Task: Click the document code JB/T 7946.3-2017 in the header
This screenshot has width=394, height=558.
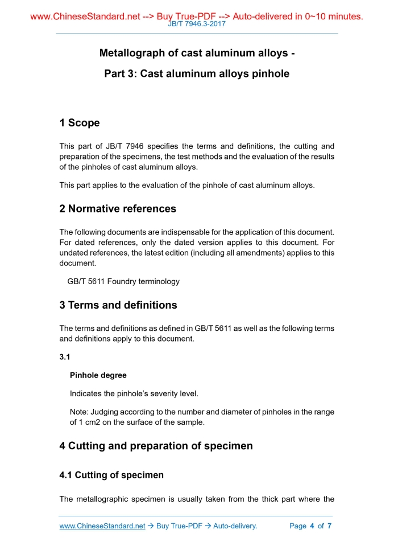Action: (197, 25)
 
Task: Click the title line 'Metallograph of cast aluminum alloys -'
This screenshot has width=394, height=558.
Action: (197, 54)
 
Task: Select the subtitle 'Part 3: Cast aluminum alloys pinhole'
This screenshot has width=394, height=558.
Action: (197, 73)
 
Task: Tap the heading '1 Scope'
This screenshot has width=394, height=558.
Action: (80, 123)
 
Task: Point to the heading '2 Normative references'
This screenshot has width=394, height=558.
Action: (118, 209)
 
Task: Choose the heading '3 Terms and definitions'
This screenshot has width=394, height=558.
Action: (118, 305)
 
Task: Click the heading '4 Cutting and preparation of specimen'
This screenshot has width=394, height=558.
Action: (156, 446)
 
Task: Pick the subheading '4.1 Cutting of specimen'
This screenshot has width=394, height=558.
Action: (111, 475)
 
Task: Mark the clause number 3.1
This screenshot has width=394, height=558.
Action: (65, 357)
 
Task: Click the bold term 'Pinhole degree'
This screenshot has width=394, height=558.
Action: (98, 375)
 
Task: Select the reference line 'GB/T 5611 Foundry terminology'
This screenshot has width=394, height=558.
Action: (123, 281)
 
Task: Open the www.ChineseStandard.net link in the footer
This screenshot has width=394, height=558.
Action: (102, 526)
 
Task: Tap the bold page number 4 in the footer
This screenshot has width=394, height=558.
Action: (312, 526)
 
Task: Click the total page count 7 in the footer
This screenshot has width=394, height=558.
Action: (329, 526)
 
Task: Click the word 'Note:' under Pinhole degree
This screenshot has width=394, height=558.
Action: (80, 412)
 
